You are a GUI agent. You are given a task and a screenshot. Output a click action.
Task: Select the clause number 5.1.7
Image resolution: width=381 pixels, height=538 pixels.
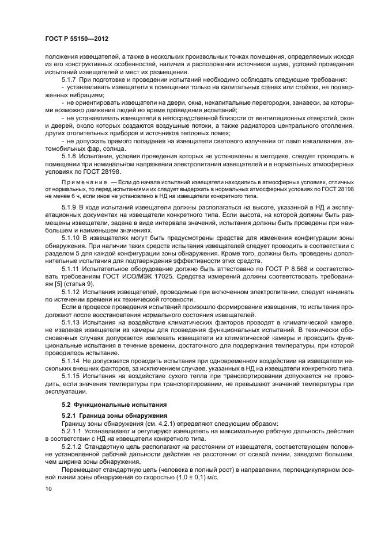pyautogui.click(x=70, y=79)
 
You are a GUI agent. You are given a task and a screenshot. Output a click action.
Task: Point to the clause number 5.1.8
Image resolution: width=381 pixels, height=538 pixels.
pyautogui.click(x=70, y=156)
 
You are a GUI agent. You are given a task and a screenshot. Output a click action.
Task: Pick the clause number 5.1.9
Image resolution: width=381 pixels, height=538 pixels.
pyautogui.click(x=70, y=205)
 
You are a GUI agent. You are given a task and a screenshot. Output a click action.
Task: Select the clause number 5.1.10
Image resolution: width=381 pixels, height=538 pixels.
pyautogui.click(x=72, y=236)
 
